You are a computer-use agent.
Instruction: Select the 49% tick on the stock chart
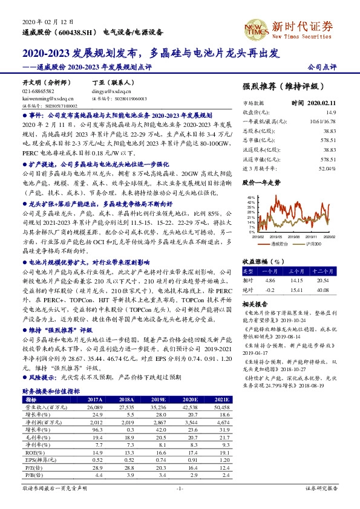point(249,198)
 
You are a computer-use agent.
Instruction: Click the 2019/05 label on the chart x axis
point(277,237)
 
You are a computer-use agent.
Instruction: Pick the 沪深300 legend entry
point(312,243)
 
